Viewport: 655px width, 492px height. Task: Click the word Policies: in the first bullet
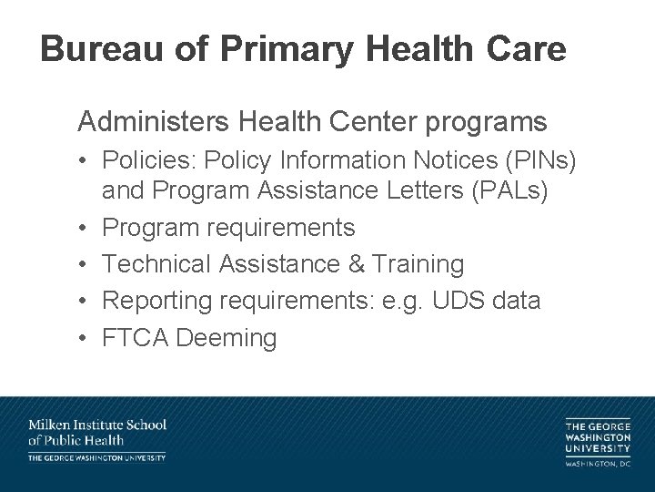(x=146, y=160)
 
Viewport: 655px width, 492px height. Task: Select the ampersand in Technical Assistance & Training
(x=351, y=264)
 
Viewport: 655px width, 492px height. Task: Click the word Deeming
(x=227, y=338)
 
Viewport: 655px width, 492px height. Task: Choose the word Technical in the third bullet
(x=156, y=264)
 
